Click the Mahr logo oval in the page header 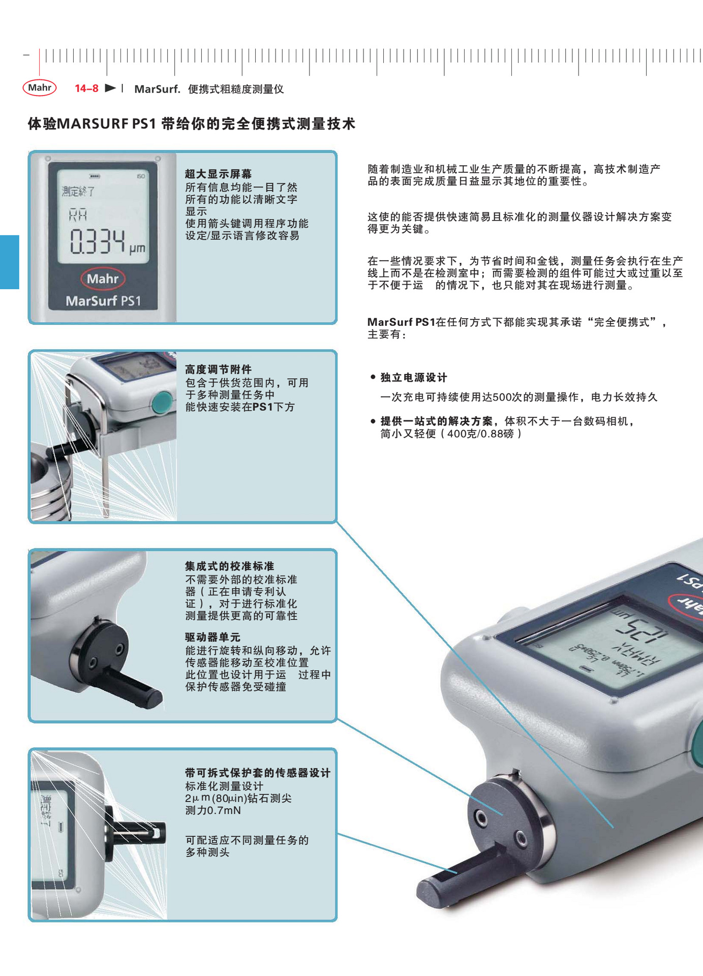pos(40,87)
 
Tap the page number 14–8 pos(86,88)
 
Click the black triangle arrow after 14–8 pos(110,88)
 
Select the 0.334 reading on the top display pos(97,241)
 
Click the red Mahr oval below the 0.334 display pos(103,279)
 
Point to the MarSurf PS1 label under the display pos(103,301)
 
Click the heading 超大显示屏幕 pos(218,174)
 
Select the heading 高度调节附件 pos(218,369)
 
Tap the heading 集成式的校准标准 pos(229,566)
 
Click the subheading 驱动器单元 pos(212,637)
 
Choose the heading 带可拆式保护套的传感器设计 pos(258,773)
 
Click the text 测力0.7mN pos(213,810)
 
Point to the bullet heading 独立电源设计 pos(414,377)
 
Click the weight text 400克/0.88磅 pos(480,434)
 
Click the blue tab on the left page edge pos(9,262)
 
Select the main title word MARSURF pos(93,124)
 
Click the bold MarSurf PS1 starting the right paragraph pos(402,322)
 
